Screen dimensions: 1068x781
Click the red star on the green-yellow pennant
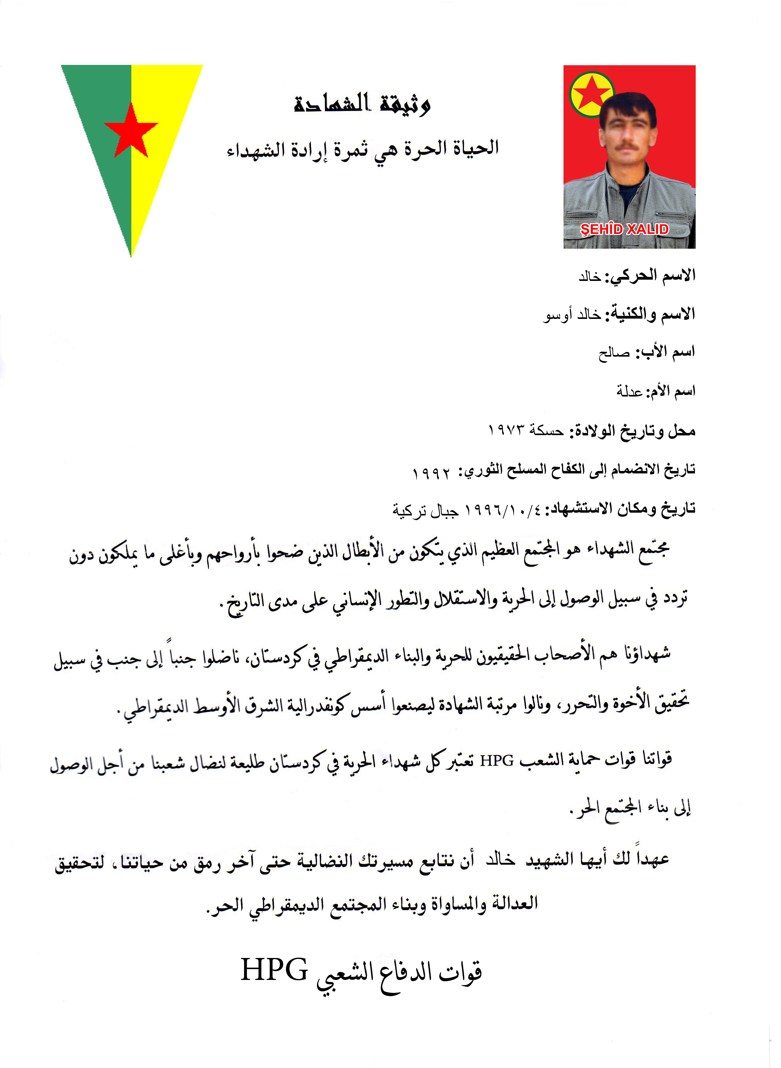[x=131, y=130]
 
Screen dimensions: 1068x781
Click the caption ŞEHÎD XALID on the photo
[x=624, y=230]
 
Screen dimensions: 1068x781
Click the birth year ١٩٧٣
[x=507, y=430]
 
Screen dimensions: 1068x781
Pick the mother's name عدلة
[x=629, y=392]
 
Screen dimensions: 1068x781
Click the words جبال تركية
[x=425, y=511]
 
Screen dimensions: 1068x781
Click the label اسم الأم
[x=672, y=392]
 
